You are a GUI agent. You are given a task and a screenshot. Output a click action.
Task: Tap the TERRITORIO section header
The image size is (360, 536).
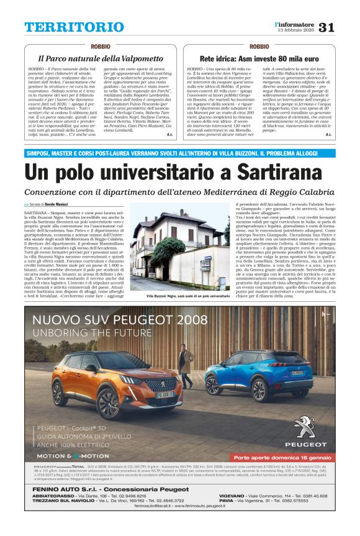pos(65,27)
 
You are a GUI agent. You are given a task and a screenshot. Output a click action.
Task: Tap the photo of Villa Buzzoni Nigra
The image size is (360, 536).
pos(179,252)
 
